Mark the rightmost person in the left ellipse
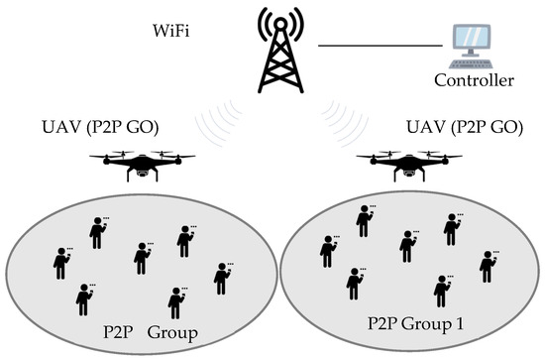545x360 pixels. click(221, 278)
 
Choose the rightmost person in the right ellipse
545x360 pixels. click(487, 266)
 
